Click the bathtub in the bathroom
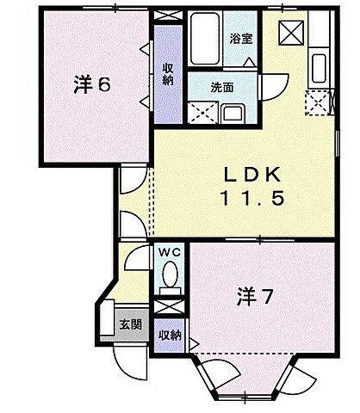click(206, 39)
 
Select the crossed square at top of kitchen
click(289, 32)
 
